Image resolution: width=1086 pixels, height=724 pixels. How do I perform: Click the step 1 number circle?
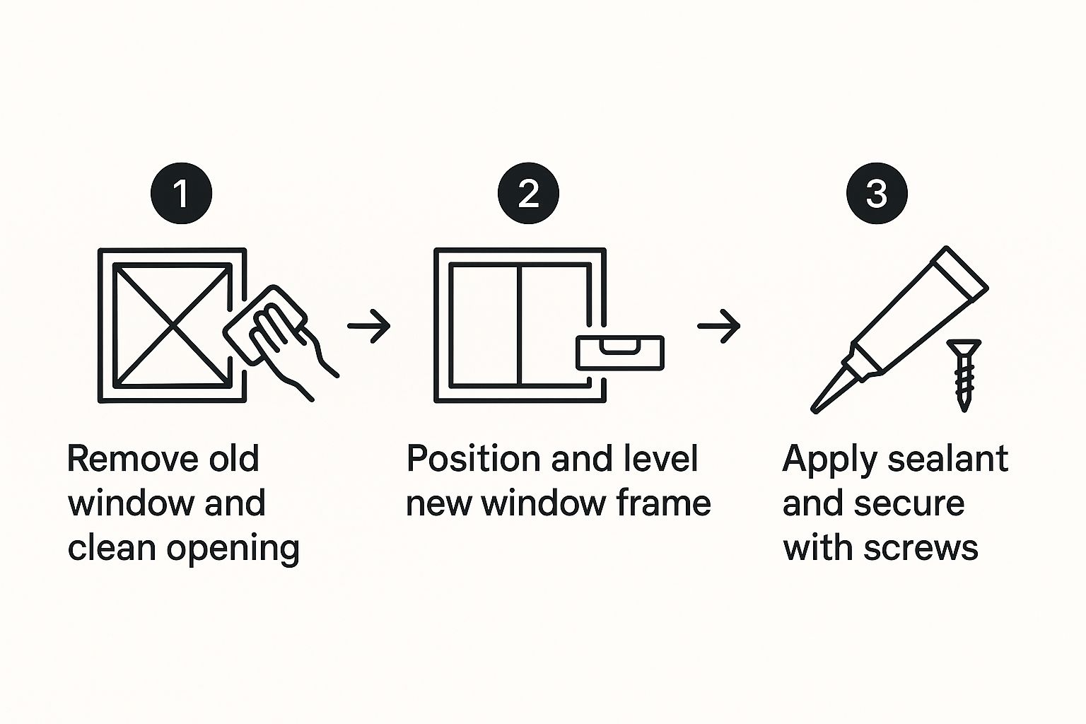click(181, 193)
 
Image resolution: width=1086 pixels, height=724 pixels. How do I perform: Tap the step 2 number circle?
click(528, 193)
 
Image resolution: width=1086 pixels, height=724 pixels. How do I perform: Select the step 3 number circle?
click(877, 193)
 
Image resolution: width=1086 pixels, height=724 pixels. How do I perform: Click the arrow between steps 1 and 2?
click(369, 326)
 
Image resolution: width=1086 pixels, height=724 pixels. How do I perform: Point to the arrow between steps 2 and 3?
click(719, 326)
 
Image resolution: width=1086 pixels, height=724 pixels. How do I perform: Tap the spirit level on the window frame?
click(619, 353)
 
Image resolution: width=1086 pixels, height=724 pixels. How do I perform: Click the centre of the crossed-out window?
click(173, 325)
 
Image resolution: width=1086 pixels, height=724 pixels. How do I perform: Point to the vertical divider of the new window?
click(519, 325)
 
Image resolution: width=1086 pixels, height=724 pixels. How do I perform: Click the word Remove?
click(131, 458)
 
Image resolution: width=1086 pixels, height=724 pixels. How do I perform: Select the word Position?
click(473, 458)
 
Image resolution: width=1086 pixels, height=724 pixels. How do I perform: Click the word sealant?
click(948, 458)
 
